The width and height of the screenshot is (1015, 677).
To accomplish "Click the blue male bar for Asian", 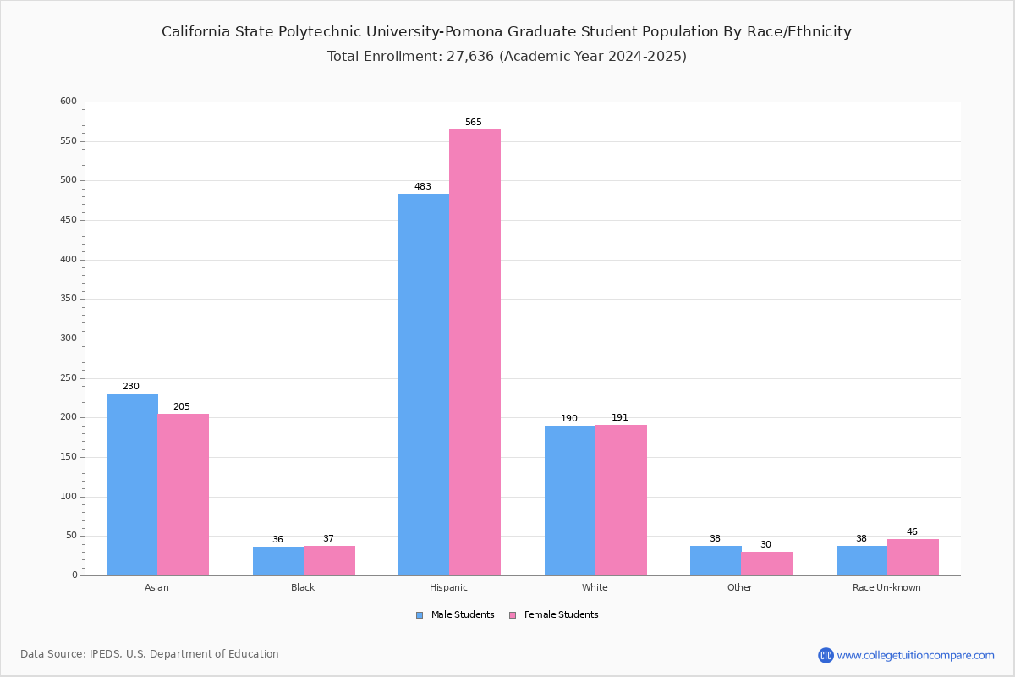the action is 132,484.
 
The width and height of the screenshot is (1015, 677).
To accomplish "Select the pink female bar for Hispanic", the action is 475,352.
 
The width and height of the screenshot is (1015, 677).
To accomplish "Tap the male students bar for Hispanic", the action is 424,384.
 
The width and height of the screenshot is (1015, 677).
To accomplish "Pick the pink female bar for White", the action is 621,500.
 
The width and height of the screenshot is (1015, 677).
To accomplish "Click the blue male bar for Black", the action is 278,561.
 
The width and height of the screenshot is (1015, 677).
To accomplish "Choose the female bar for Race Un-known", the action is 913,558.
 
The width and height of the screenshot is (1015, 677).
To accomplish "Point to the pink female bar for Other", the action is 766,564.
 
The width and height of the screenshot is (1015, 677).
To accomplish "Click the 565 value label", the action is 474,122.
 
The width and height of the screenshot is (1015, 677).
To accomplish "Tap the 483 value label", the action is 423,186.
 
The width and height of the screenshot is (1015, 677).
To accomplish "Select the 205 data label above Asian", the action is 182,406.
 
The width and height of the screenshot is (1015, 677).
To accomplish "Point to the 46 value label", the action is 912,531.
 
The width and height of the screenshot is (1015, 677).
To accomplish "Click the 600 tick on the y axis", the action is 69,101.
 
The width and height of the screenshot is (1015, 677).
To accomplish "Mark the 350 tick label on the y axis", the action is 69,299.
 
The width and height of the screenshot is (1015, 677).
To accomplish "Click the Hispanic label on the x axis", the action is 448,587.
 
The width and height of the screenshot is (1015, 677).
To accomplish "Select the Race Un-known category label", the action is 886,587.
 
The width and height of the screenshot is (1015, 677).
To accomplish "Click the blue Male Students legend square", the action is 420,615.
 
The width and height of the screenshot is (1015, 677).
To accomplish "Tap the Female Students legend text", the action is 562,614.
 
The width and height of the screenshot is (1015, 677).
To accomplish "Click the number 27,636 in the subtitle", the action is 470,56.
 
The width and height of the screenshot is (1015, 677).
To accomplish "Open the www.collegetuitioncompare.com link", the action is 916,655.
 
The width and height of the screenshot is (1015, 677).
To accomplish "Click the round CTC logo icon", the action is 826,655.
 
